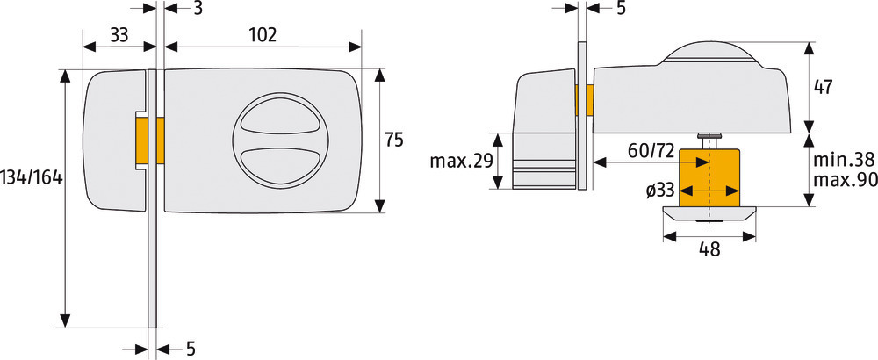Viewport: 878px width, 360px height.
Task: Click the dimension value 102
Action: pyautogui.click(x=263, y=35)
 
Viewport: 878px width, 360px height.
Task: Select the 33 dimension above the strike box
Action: pyautogui.click(x=119, y=35)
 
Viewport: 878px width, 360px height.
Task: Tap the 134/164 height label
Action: pyautogui.click(x=32, y=178)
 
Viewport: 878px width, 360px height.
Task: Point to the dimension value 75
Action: pyautogui.click(x=394, y=140)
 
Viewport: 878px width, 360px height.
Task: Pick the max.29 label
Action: pyautogui.click(x=461, y=162)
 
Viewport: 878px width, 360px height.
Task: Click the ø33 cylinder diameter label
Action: pyautogui.click(x=659, y=191)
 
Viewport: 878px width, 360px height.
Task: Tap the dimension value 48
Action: pyautogui.click(x=709, y=249)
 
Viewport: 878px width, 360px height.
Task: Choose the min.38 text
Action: pyautogui.click(x=843, y=161)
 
